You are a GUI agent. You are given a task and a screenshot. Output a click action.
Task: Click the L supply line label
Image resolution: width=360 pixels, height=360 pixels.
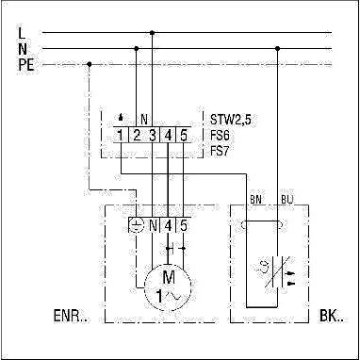coord(22,33)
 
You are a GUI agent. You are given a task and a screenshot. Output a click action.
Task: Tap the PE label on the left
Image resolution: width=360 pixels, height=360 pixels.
coord(26,65)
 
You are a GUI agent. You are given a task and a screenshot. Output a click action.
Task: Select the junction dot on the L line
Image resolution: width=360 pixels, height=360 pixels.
coord(152,32)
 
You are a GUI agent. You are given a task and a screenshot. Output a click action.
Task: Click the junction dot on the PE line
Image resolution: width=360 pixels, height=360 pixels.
coord(90,64)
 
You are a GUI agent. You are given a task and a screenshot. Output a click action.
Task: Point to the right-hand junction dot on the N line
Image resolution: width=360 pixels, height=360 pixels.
coord(277,49)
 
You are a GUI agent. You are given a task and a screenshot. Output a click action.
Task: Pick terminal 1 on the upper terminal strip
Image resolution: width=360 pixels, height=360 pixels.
coord(121,136)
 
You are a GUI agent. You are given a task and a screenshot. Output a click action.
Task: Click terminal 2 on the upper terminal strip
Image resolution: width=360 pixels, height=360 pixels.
coord(137,136)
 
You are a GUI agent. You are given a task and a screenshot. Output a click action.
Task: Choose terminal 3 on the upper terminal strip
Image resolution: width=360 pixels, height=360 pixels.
coord(152,136)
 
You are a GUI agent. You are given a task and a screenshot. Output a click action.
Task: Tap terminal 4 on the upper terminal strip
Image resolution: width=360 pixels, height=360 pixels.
coord(168,136)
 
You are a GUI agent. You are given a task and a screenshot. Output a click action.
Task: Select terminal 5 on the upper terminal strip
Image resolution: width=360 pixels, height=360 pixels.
coord(184,136)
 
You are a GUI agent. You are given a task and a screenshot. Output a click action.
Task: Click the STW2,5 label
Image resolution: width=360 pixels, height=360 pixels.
coord(231,120)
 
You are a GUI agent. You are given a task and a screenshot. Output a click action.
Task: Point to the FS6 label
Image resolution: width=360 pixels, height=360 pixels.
coord(221,136)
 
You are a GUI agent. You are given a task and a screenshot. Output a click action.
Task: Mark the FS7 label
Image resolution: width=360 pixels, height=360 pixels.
coord(221,152)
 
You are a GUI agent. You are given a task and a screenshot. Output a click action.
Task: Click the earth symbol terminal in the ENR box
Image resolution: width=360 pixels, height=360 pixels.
coord(137,225)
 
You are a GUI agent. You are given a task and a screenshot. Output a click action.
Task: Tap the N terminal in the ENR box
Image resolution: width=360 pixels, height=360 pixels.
coord(153,225)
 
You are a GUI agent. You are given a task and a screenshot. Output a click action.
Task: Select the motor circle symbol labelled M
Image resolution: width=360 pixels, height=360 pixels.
coord(168,286)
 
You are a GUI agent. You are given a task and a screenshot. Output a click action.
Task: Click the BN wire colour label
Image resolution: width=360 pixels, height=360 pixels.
coord(256,199)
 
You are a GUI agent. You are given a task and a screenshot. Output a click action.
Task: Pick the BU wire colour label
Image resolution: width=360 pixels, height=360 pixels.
coord(285,199)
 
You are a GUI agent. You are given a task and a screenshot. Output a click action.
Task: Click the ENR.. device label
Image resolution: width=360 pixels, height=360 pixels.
coord(72,317)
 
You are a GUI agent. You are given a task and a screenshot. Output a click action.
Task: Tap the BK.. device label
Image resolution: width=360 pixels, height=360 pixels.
coord(332,317)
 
